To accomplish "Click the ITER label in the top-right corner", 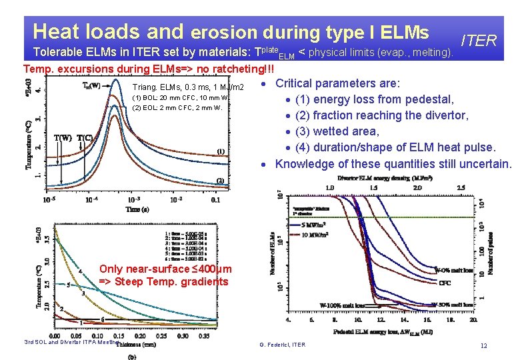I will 478,41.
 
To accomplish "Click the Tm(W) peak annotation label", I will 91,85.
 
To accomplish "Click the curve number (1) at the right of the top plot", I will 220,151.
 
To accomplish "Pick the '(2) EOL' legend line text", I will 177,107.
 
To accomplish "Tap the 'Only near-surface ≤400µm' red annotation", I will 165,269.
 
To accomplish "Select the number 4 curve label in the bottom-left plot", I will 81,271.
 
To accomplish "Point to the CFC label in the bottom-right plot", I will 445,283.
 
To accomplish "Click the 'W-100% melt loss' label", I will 342,305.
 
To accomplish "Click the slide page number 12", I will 484,345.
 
